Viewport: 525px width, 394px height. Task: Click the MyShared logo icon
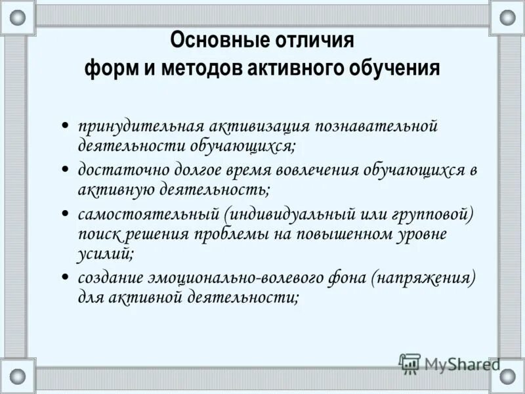pos(409,363)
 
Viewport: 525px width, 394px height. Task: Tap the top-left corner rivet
pos(18,18)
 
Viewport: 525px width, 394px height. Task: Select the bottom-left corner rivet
pos(18,376)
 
